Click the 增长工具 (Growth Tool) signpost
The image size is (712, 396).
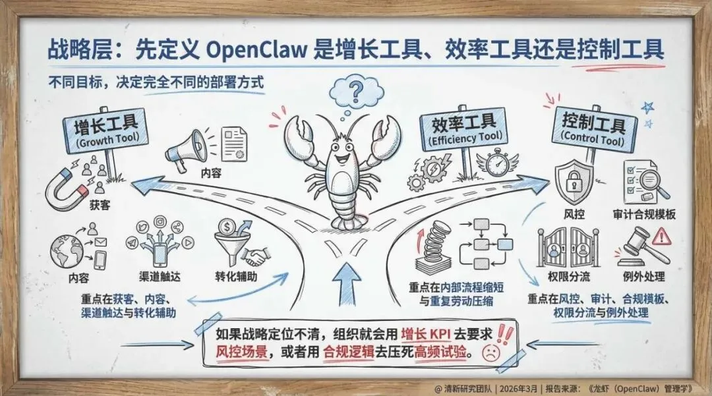point(105,130)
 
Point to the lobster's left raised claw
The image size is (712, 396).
point(300,135)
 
